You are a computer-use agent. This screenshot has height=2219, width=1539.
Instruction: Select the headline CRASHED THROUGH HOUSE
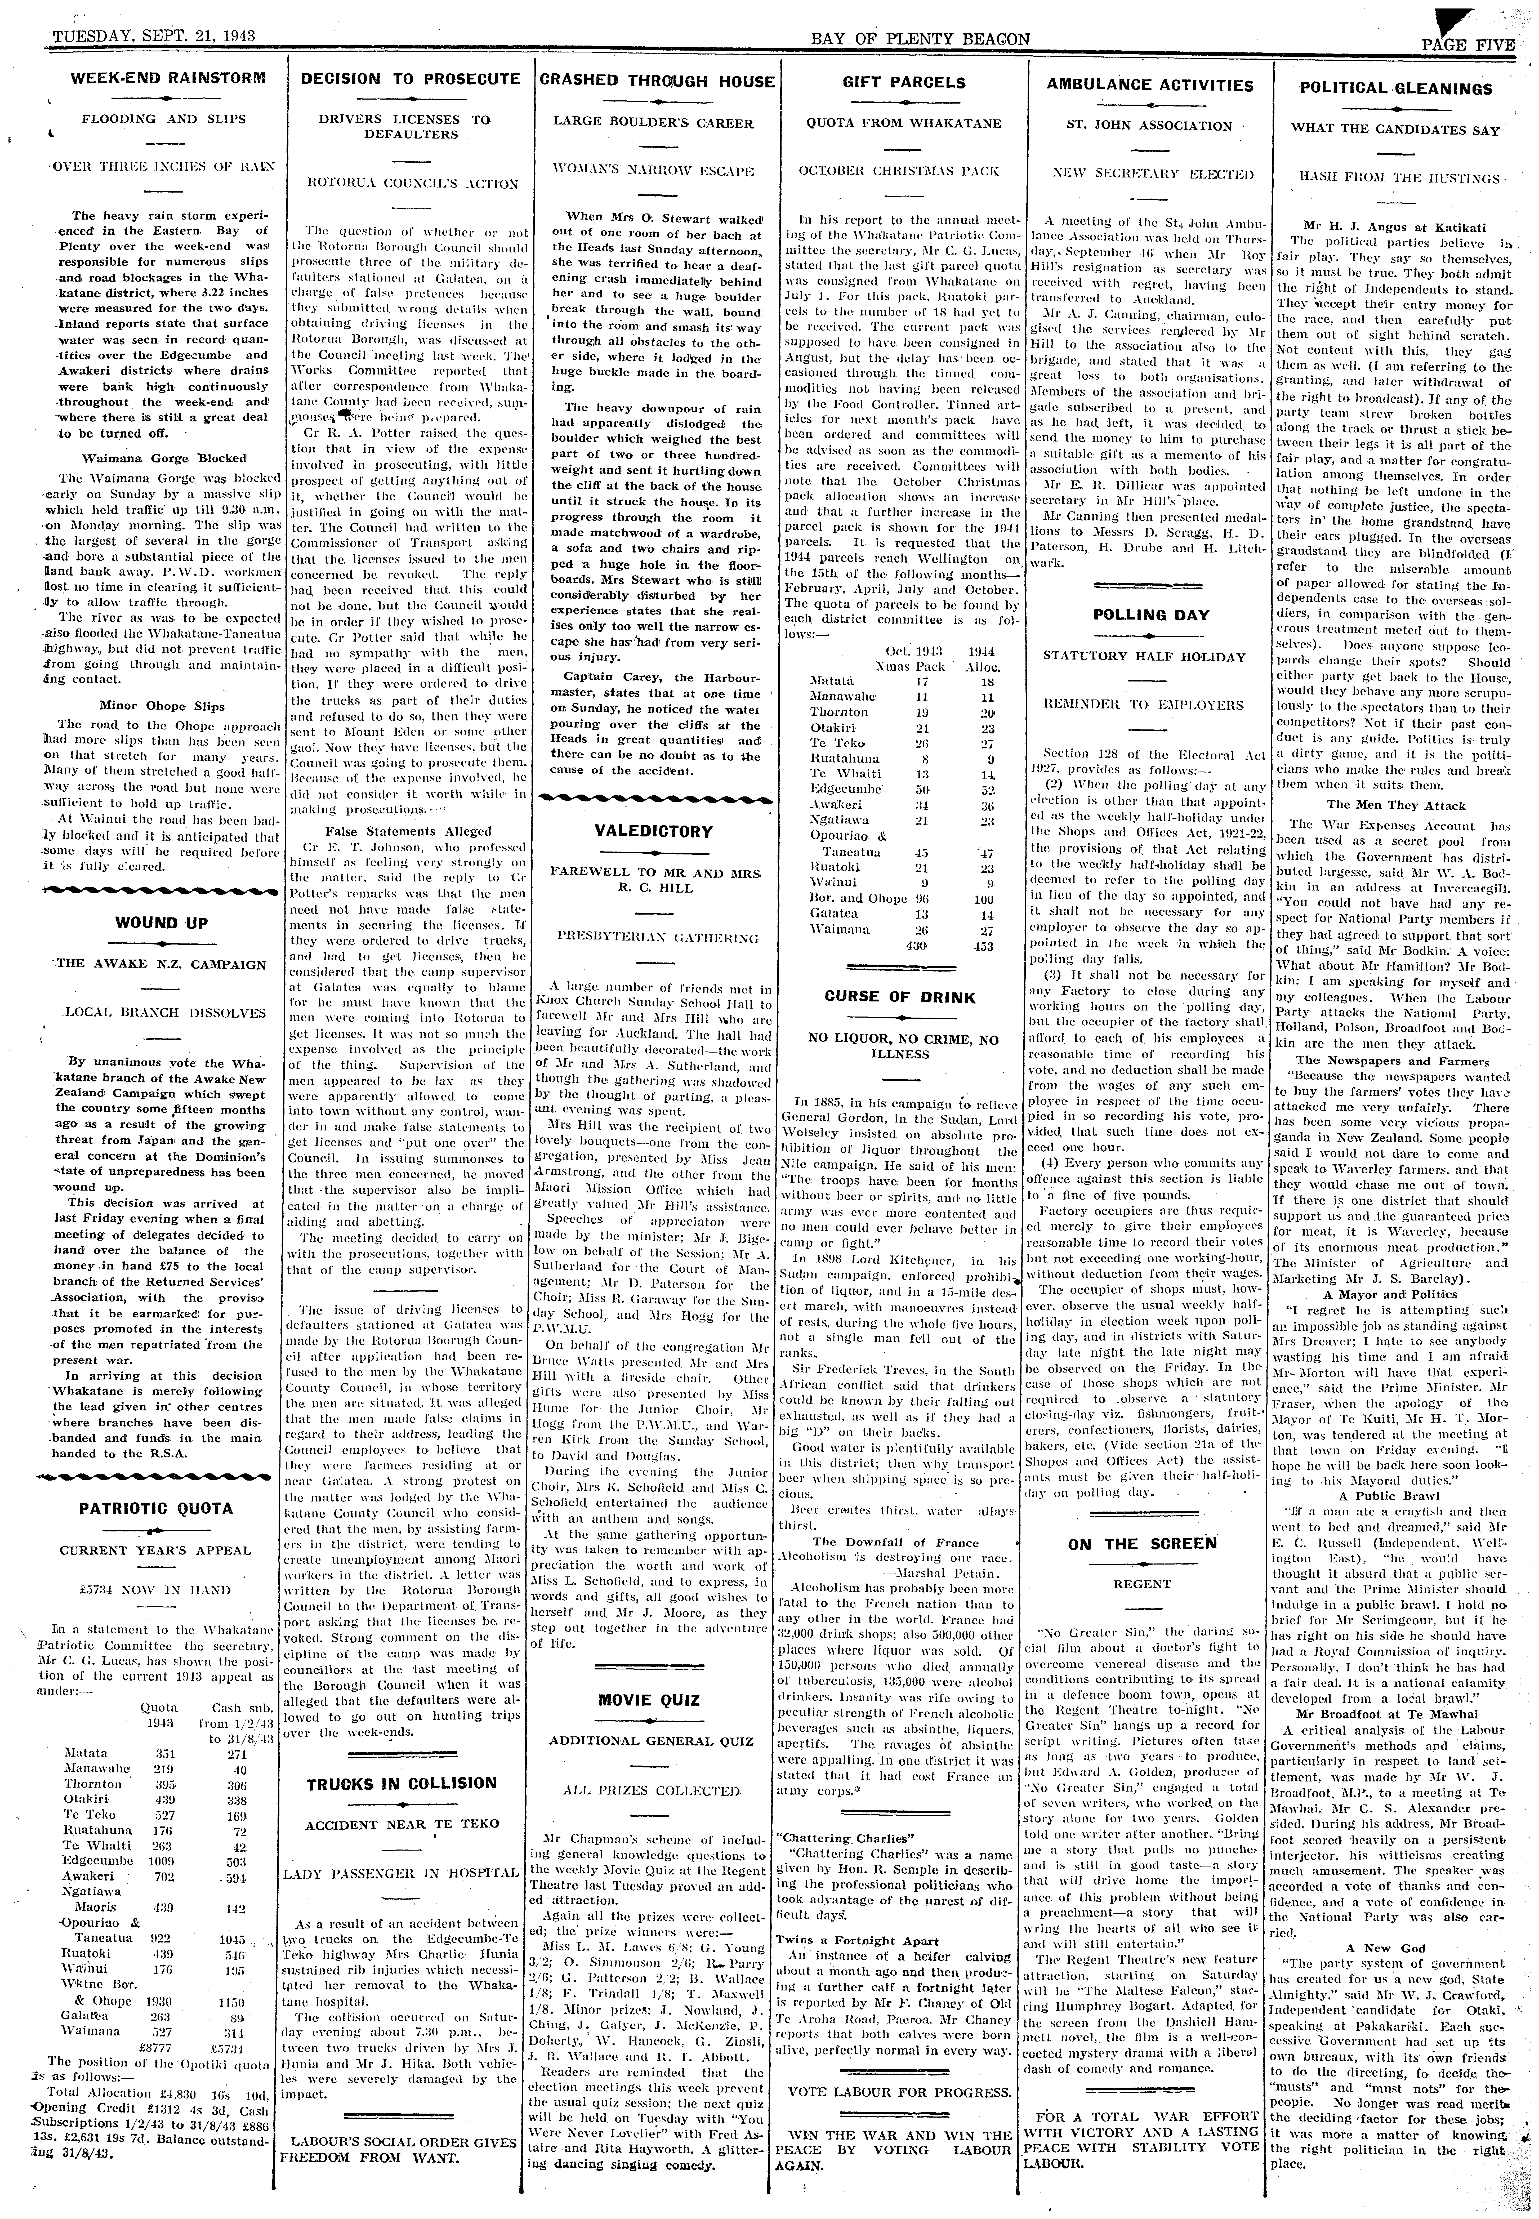pyautogui.click(x=657, y=82)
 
